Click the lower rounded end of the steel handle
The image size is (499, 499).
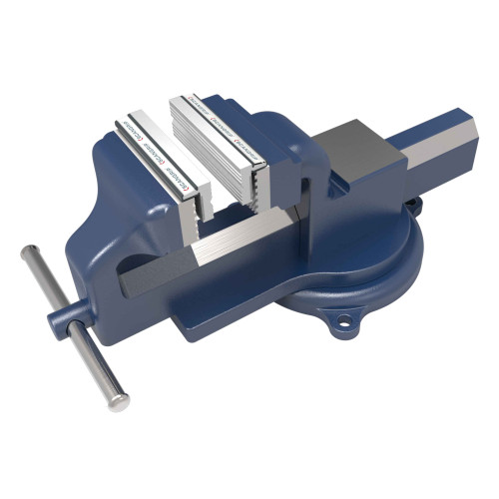tap(119, 401)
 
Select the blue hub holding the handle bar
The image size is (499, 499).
tap(62, 321)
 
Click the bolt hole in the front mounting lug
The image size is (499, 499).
tap(346, 322)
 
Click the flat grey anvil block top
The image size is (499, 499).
tap(360, 141)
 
